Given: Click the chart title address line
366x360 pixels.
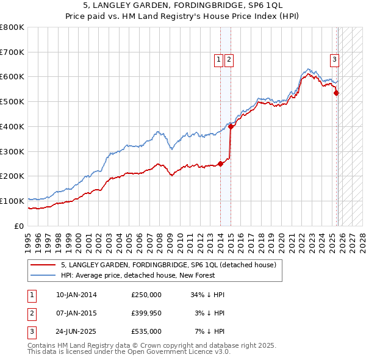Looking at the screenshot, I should pos(182,5).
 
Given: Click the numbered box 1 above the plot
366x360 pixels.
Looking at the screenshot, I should pos(218,60).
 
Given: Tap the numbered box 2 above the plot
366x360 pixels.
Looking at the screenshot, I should pos(229,60).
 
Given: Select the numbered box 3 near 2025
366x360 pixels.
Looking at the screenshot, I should pos(335,60).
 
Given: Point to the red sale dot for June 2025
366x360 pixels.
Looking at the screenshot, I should pos(337,93).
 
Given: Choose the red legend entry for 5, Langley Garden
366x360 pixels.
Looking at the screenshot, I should pos(168,265).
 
